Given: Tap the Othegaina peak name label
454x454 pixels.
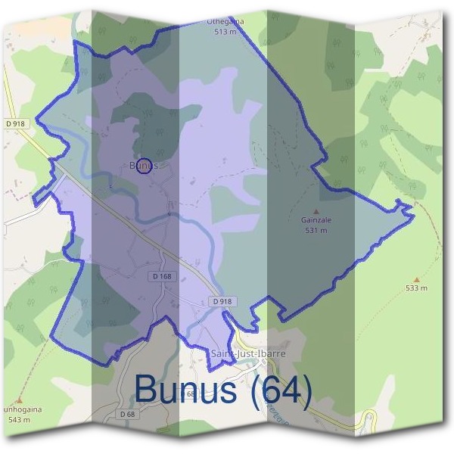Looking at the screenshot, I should click(x=224, y=23).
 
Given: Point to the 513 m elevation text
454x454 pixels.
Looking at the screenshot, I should click(x=224, y=32).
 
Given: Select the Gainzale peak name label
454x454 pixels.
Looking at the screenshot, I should click(x=316, y=221).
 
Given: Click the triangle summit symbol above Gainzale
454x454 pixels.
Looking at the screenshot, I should click(x=316, y=212).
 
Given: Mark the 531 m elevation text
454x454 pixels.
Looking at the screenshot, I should click(x=316, y=230).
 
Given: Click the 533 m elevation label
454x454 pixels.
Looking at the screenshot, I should click(x=416, y=288).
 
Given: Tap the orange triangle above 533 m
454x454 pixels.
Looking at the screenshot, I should click(x=416, y=279).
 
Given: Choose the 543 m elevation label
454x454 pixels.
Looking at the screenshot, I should click(x=18, y=419).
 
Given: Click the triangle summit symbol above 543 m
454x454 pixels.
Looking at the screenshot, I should click(x=19, y=401).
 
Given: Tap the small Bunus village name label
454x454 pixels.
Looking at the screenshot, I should click(x=141, y=164).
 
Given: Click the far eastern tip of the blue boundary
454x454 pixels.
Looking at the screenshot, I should click(x=414, y=216).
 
